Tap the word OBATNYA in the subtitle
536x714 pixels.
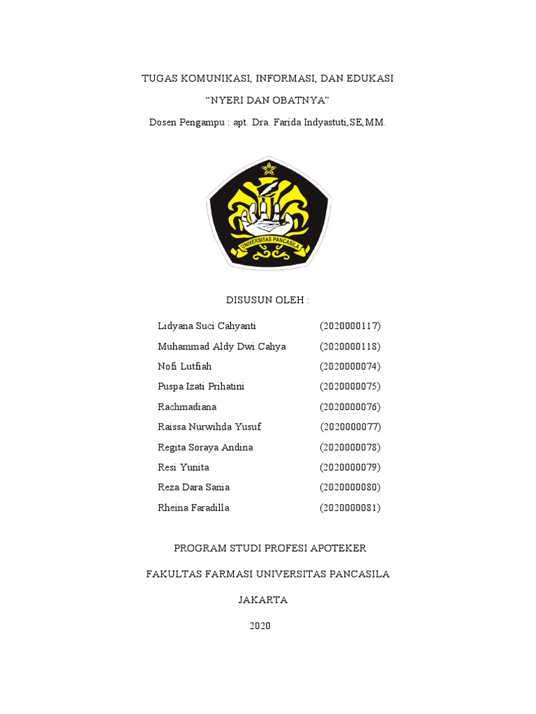pyautogui.click(x=300, y=100)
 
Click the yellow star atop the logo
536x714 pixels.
pyautogui.click(x=269, y=168)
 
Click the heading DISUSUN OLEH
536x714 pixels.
pyautogui.click(x=267, y=300)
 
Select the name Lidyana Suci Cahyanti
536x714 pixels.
pyautogui.click(x=207, y=326)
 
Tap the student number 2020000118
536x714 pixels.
pyautogui.click(x=350, y=347)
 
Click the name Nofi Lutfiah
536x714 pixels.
pyautogui.click(x=184, y=366)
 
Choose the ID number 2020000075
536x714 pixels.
pyautogui.click(x=350, y=386)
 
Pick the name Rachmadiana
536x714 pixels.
pyautogui.click(x=187, y=407)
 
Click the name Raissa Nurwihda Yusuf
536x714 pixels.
pyautogui.click(x=209, y=427)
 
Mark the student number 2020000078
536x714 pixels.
pyautogui.click(x=350, y=447)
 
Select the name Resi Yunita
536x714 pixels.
pyautogui.click(x=184, y=467)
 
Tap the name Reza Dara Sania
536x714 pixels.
pyautogui.click(x=193, y=487)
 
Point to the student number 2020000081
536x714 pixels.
pyautogui.click(x=350, y=508)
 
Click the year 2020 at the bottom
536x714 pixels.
pyautogui.click(x=260, y=625)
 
